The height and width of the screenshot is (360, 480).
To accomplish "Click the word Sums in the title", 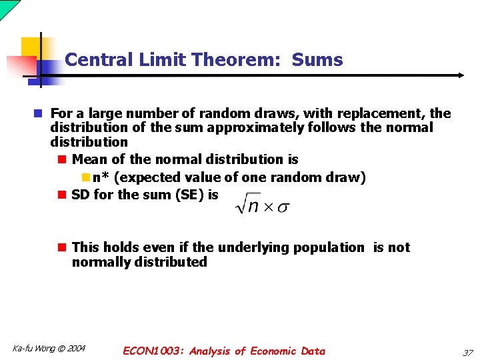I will coord(317,60).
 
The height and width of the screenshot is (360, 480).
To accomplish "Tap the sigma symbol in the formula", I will coord(283,207).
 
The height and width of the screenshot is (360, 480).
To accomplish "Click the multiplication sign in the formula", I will coord(267,207).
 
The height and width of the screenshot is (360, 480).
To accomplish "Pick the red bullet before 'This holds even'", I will coord(61,247).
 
